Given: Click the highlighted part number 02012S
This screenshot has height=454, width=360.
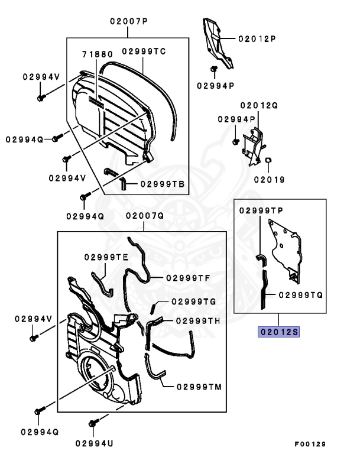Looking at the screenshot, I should [x=277, y=332].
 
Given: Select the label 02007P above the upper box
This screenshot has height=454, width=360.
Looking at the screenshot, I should [x=128, y=21].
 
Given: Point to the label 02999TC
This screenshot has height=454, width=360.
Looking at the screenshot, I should [x=144, y=51].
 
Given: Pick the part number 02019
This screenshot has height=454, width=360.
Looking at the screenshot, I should [x=270, y=179].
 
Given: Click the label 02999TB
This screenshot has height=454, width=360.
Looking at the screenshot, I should [x=163, y=184].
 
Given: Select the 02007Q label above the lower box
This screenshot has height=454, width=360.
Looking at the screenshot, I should [x=144, y=216].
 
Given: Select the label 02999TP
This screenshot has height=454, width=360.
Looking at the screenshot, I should [x=261, y=210].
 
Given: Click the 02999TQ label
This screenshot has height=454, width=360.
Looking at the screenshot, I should [x=300, y=294].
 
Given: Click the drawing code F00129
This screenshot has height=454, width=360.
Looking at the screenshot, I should [x=310, y=443].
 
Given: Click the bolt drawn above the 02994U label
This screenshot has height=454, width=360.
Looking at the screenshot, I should [x=92, y=423].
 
